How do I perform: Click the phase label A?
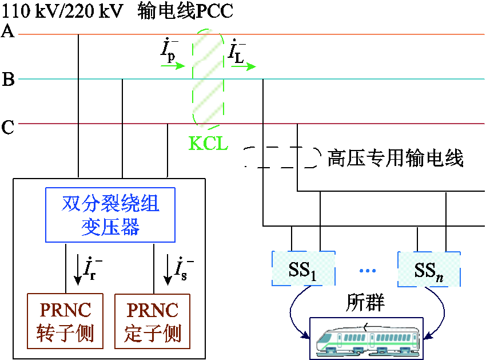click(7, 31)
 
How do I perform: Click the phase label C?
click(8, 127)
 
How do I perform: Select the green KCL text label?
click(208, 144)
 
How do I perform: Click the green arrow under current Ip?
click(173, 66)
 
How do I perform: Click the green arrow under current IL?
click(243, 67)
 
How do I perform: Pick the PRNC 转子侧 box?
click(65, 321)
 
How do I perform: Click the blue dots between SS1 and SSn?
click(367, 270)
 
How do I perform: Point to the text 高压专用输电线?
click(395, 157)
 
